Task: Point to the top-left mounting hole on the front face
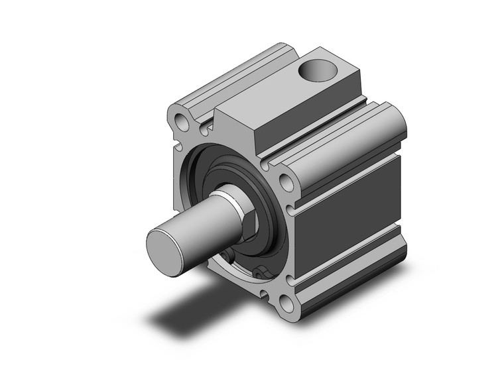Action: click(180, 121)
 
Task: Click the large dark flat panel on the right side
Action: click(351, 212)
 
